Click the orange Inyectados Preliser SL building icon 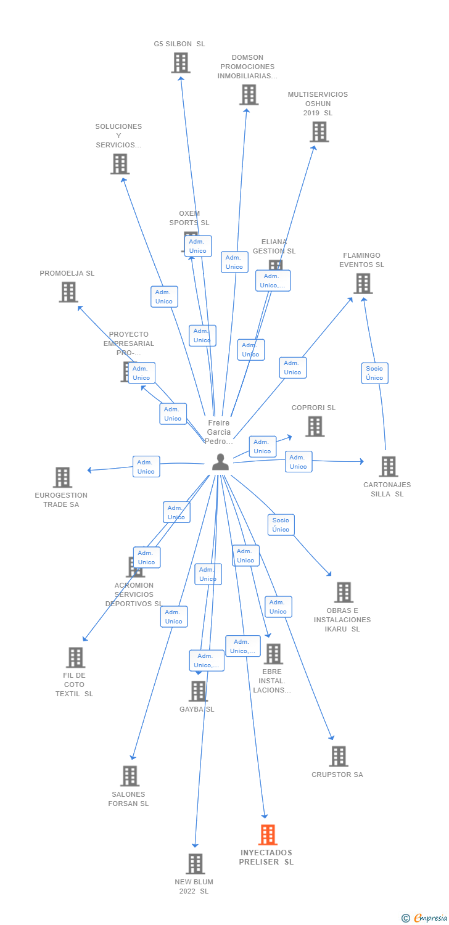click(267, 834)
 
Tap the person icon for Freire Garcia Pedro click(220, 462)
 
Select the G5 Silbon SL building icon click(181, 63)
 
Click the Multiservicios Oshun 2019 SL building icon click(319, 132)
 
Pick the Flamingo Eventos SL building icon click(363, 284)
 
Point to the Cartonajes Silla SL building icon click(388, 467)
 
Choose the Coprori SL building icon click(315, 426)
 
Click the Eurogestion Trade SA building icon click(62, 477)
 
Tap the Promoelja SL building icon click(68, 292)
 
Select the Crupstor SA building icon click(338, 756)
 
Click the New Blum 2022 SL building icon click(195, 864)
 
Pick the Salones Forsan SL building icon click(130, 776)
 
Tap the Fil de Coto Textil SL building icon click(75, 657)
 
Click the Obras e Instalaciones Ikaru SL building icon click(344, 592)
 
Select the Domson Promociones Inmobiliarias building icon click(249, 95)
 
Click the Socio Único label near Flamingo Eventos click(374, 373)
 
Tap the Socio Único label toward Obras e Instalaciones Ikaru click(281, 525)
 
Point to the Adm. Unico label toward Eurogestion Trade click(146, 467)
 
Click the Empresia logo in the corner click(424, 918)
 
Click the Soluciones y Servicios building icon click(120, 164)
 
